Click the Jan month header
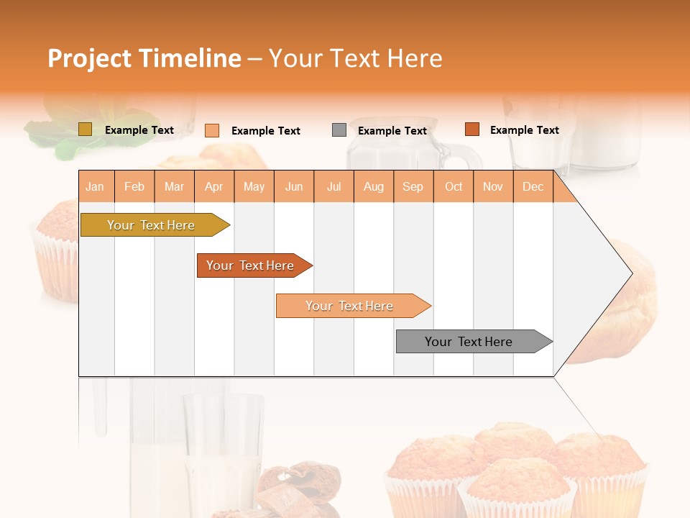point(95,187)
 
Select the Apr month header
point(213,187)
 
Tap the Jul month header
point(333,187)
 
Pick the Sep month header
point(413,187)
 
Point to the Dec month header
point(533,187)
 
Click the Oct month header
point(453,187)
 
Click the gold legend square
point(85,129)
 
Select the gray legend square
point(339,130)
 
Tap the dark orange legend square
point(471,129)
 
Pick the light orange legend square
point(212,130)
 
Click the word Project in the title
point(90,58)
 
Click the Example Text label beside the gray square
point(392,131)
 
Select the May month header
point(254,187)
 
